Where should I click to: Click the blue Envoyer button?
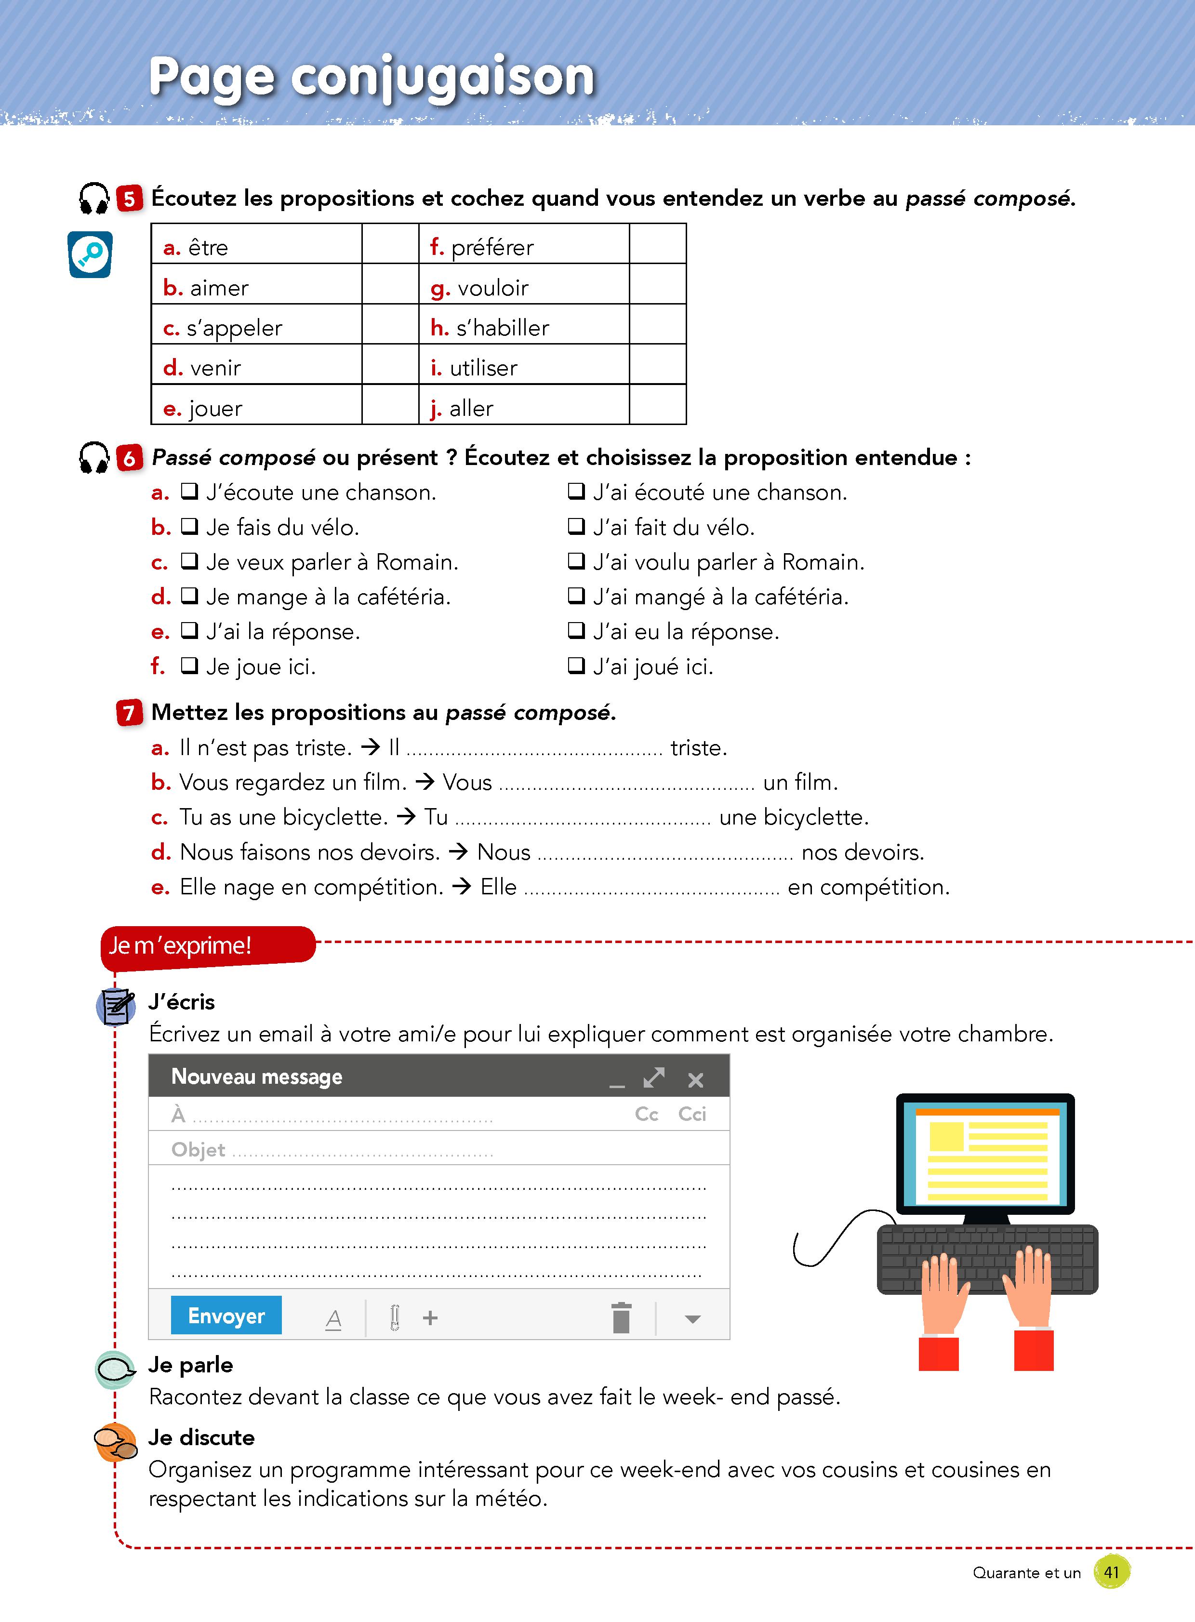226,1315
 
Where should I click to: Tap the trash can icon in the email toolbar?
621,1317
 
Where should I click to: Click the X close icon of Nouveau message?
695,1080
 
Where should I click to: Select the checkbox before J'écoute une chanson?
189,492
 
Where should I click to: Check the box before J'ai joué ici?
576,665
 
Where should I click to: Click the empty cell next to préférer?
657,244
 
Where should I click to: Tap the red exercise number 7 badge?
129,713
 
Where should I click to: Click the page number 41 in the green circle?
1111,1572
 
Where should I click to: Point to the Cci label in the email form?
691,1114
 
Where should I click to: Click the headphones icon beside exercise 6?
94,457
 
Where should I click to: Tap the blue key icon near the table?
91,254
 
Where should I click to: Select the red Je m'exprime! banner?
207,945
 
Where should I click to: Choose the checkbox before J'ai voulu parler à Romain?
576,561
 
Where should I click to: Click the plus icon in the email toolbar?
430,1317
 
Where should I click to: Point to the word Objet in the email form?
198,1150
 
